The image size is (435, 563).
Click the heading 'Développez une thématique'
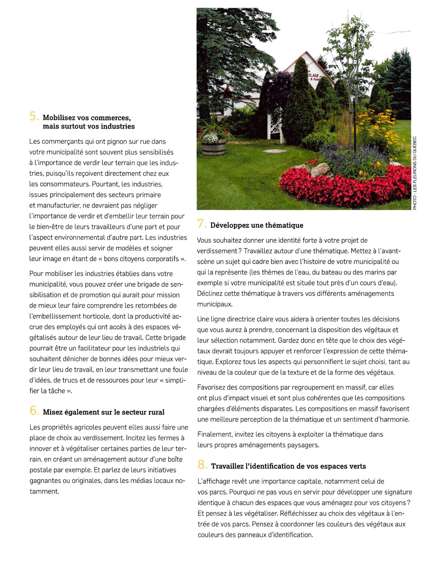pyautogui.click(x=257, y=225)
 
